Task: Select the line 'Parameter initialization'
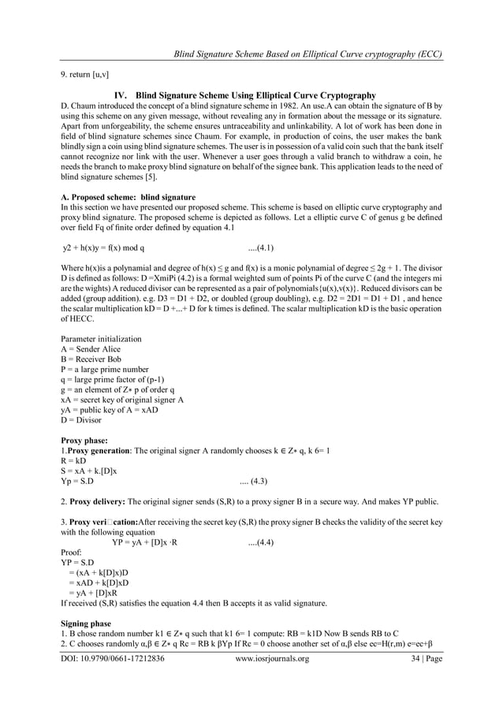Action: click(x=101, y=338)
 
